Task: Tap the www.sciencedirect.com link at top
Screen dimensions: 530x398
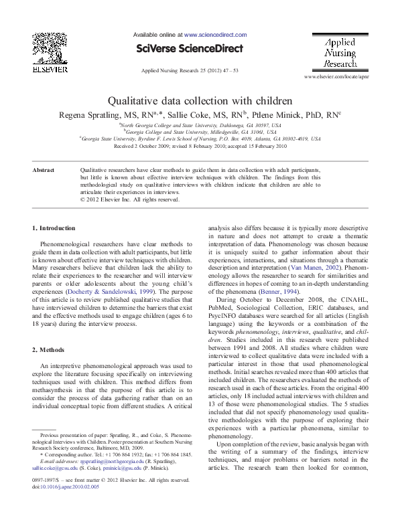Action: tap(215, 34)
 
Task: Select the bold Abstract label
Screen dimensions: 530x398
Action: tap(46, 171)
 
